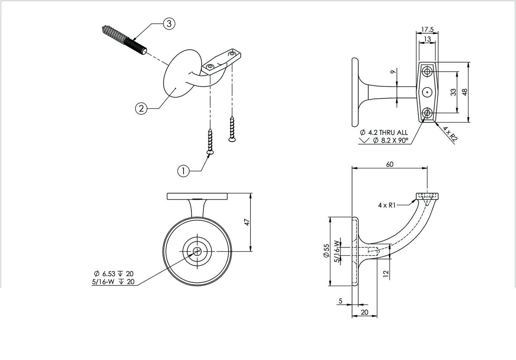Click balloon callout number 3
pyautogui.click(x=169, y=24)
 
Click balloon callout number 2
pyautogui.click(x=141, y=108)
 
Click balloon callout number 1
pyautogui.click(x=183, y=171)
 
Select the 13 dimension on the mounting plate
pyautogui.click(x=427, y=39)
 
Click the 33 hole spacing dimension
pyautogui.click(x=453, y=92)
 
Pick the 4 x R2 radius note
pyautogui.click(x=449, y=134)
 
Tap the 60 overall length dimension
pyautogui.click(x=390, y=164)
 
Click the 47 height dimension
pyautogui.click(x=246, y=222)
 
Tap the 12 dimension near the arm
pyautogui.click(x=386, y=274)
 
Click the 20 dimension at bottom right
pyautogui.click(x=365, y=312)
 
